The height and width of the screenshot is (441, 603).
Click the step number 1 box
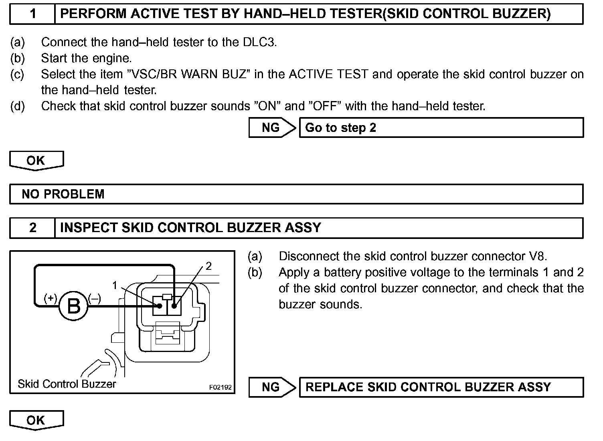coord(32,14)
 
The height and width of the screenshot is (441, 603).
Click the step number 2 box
coord(32,228)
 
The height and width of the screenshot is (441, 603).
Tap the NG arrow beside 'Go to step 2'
coord(272,127)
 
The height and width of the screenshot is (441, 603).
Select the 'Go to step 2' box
coord(441,127)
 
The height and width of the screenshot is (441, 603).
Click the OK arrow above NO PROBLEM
coord(36,160)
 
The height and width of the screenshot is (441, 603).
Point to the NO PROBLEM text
coord(63,194)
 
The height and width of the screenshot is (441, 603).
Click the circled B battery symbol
coord(73,306)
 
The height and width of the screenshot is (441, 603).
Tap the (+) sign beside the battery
coord(51,299)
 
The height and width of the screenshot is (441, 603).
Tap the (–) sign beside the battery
coord(95,299)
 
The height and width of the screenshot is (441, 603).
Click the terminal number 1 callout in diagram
coord(115,285)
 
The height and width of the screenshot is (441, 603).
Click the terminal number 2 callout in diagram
coord(208,266)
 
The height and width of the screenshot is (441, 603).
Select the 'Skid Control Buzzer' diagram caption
coord(67,384)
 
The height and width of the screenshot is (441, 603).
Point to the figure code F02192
coord(220,388)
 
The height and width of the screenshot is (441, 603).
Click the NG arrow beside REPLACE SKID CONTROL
coord(272,387)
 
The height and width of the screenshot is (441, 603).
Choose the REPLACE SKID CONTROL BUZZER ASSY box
coord(441,387)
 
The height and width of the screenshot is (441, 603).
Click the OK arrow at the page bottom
coord(36,420)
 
